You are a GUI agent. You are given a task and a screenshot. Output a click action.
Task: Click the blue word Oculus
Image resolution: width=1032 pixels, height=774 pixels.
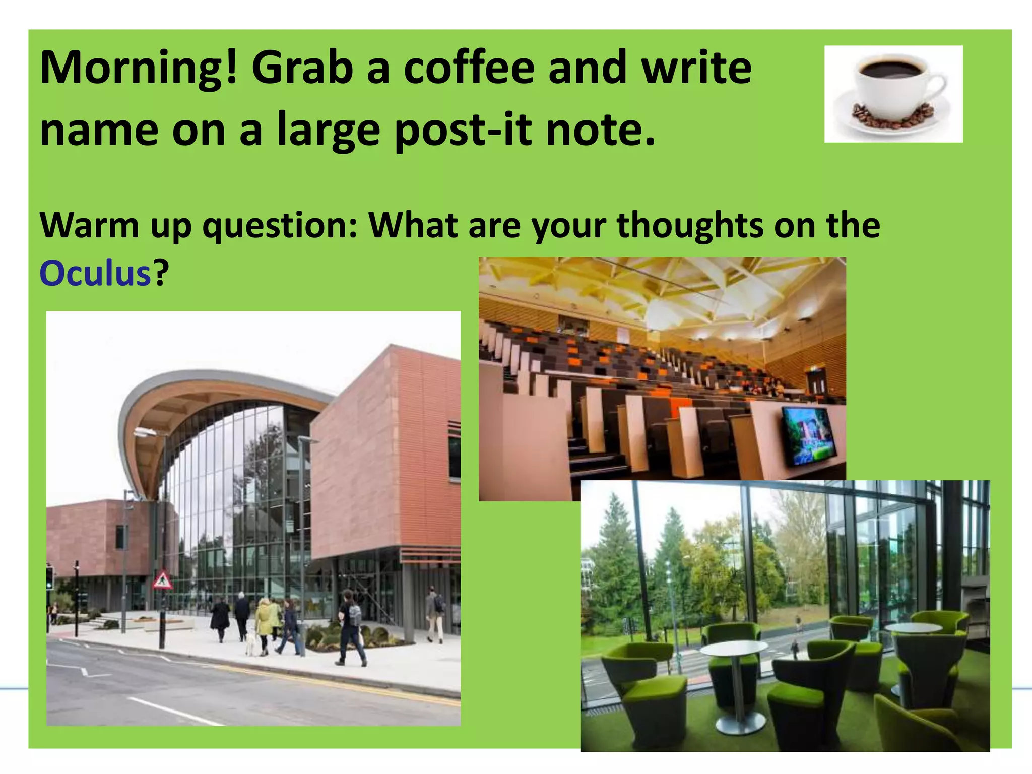pos(95,274)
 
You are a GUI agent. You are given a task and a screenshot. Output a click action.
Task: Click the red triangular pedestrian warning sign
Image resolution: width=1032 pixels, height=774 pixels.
pos(162,580)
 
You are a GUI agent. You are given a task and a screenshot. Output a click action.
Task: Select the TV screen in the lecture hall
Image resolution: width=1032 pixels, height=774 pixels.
pos(807,435)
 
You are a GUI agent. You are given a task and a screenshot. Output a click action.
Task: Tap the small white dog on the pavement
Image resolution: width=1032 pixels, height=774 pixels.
pos(250,644)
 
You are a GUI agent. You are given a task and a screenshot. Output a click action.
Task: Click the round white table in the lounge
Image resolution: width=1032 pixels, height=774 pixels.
pos(733,649)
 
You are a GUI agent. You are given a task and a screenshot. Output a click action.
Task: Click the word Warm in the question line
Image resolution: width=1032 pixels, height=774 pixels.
pos(89,225)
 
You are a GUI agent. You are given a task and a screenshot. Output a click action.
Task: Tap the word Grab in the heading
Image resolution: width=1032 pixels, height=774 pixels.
pos(302,69)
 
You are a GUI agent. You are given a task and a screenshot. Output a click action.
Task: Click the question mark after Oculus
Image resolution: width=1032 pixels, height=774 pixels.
pos(160,274)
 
